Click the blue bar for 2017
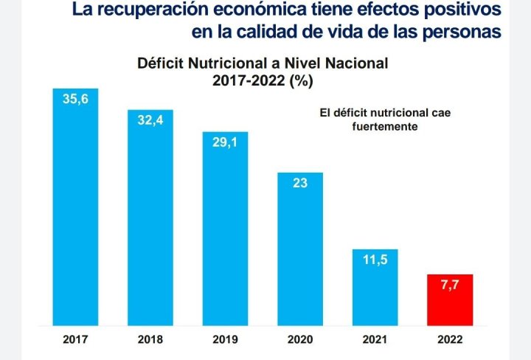tap(75, 207)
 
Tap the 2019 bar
tap(225, 229)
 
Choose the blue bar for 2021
tap(375, 288)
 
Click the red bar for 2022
tap(450, 300)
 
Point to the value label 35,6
tap(75, 100)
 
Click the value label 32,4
tap(150, 120)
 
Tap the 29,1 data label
tap(225, 142)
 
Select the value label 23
tap(300, 183)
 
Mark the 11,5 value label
tap(375, 260)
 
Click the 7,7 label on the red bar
tap(450, 285)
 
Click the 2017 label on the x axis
tap(75, 341)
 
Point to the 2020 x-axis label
tap(300, 341)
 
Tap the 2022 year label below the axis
tap(450, 341)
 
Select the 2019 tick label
tap(225, 341)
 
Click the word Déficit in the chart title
tap(162, 63)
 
